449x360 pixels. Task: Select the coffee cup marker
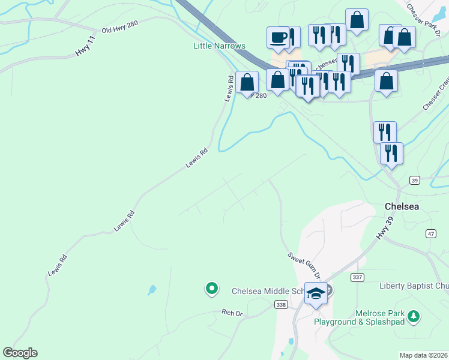pyautogui.click(x=279, y=37)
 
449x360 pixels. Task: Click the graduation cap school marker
pyautogui.click(x=316, y=293)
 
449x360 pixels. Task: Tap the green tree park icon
pyautogui.click(x=413, y=316)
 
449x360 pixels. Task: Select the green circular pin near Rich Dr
pyautogui.click(x=211, y=289)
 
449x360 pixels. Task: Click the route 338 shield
pyautogui.click(x=281, y=305)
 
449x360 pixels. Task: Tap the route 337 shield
pyautogui.click(x=358, y=277)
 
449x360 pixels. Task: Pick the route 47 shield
pyautogui.click(x=430, y=233)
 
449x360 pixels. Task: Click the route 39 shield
pyautogui.click(x=414, y=180)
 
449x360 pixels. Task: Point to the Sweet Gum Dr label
pyautogui.click(x=304, y=265)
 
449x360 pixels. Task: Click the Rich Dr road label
pyautogui.click(x=231, y=313)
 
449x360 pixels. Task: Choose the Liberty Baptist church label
pyautogui.click(x=414, y=286)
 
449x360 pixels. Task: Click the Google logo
pyautogui.click(x=20, y=353)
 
